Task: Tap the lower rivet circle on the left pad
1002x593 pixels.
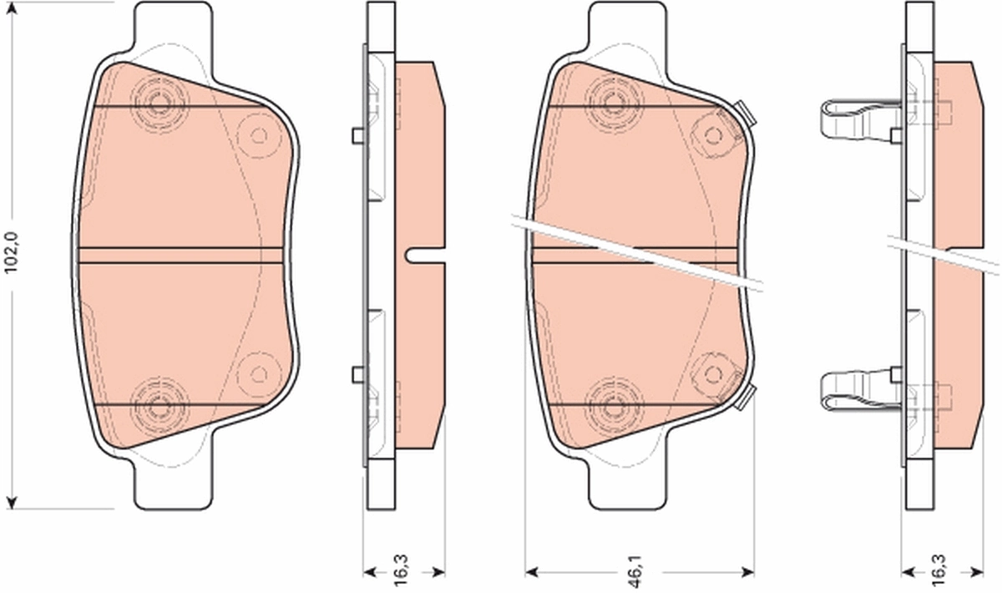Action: tap(158, 408)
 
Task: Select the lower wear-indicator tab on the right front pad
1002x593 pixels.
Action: tap(745, 398)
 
